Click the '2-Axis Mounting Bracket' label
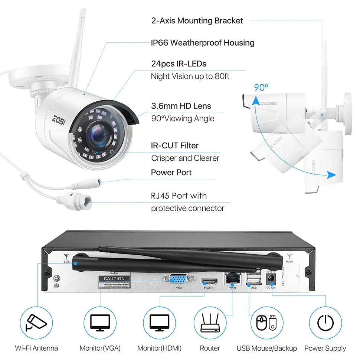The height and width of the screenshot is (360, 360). pyautogui.click(x=197, y=20)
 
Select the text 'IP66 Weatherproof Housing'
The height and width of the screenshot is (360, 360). pyautogui.click(x=203, y=43)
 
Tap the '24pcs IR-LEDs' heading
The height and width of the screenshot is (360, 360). pyautogui.click(x=179, y=64)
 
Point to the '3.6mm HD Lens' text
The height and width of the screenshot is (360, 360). pyautogui.click(x=181, y=106)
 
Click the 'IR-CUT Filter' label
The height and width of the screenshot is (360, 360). pyautogui.click(x=174, y=145)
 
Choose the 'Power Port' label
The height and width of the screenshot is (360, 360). pyautogui.click(x=171, y=172)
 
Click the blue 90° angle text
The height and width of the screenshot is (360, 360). pyautogui.click(x=261, y=88)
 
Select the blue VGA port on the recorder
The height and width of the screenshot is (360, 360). pyautogui.click(x=179, y=279)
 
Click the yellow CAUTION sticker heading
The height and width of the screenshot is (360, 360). pyautogui.click(x=114, y=278)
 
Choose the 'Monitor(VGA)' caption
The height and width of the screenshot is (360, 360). pyautogui.click(x=100, y=348)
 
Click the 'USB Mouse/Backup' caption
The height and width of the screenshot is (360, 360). pyautogui.click(x=266, y=348)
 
